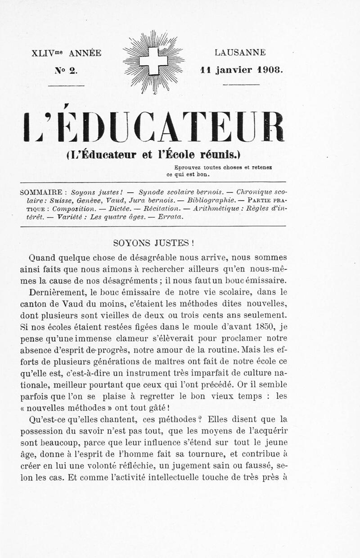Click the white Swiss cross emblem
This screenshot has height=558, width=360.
(x=153, y=61)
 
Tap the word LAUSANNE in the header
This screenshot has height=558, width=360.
(x=240, y=53)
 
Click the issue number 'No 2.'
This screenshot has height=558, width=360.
(x=67, y=70)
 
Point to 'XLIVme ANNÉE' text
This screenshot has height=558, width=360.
(x=67, y=53)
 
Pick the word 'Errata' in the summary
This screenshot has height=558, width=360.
(x=171, y=216)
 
